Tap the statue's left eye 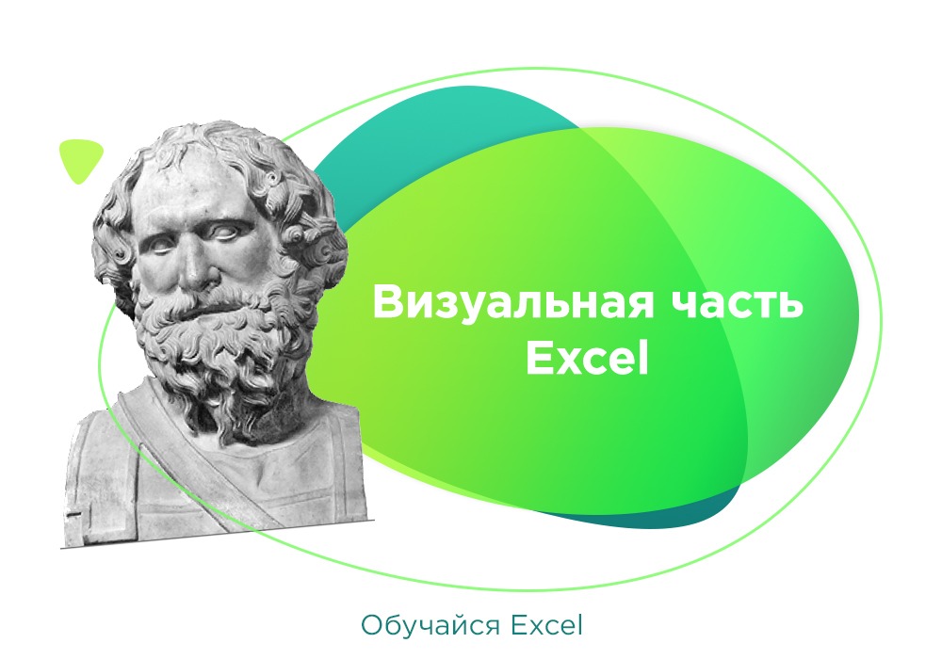pyautogui.click(x=233, y=232)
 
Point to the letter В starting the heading pyautogui.click(x=386, y=303)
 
